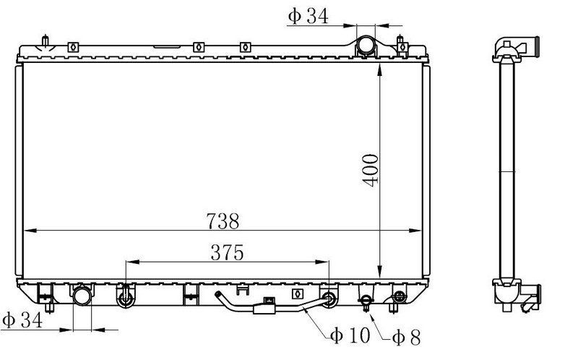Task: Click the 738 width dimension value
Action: tap(223, 221)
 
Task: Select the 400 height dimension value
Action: tap(370, 171)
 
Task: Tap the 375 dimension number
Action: tap(227, 253)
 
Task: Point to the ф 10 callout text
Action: tap(350, 335)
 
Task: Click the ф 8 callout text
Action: tap(406, 337)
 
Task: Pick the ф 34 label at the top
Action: tap(308, 16)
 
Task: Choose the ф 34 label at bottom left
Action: tap(22, 320)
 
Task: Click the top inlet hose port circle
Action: tap(366, 45)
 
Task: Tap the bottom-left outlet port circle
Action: tap(82, 296)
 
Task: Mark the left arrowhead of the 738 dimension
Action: tap(30, 231)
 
